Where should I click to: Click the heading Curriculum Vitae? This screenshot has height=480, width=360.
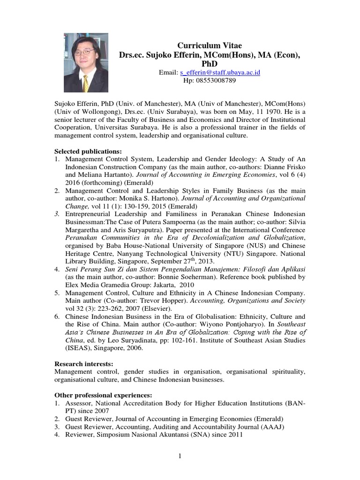[210, 45]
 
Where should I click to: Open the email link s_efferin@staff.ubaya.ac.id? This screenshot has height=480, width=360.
[220, 72]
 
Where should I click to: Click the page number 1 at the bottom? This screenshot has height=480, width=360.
[180, 457]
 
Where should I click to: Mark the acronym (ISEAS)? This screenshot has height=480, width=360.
[68, 348]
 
